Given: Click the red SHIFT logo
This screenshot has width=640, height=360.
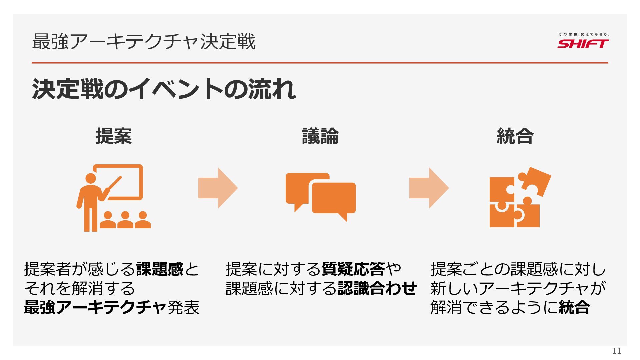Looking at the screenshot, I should click(583, 43).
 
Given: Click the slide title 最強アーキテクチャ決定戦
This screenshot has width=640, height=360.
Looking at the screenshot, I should click(144, 42).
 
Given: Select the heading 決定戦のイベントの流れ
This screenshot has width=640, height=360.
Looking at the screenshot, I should click(164, 89).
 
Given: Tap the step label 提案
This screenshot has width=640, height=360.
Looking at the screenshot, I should click(114, 136).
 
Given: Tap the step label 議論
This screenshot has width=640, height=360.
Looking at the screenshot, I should click(320, 136).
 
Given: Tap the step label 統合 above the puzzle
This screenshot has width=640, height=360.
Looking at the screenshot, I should click(515, 136).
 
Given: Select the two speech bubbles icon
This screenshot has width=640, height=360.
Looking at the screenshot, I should click(321, 197).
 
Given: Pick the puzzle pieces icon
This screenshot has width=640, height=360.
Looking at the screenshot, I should click(518, 198).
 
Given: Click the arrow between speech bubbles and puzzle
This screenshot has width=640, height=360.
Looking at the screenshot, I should click(429, 188).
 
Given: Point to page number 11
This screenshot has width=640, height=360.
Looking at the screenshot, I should click(617, 351).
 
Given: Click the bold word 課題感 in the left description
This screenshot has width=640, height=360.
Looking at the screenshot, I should click(160, 269).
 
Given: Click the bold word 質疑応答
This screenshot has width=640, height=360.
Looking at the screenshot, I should click(353, 269).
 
